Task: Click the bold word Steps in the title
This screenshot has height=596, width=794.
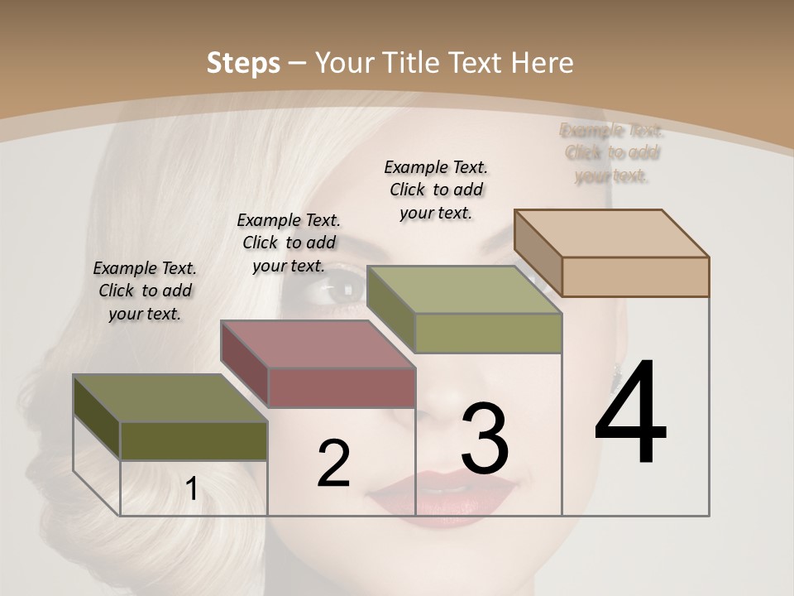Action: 243,63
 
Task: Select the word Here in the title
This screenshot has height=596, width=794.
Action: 543,63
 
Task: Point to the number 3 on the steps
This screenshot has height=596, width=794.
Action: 485,438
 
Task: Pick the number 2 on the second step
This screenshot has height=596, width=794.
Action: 333,464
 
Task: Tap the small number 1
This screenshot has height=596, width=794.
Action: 191,489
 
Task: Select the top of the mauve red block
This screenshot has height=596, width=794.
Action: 318,344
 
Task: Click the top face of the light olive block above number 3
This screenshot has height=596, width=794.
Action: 464,290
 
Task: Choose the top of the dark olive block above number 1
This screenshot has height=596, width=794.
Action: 170,398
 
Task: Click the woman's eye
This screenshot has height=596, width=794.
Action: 341,291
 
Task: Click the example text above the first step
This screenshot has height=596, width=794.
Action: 145,291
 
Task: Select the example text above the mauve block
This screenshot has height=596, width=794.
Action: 289,243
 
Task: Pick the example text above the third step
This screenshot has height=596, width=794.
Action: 436,190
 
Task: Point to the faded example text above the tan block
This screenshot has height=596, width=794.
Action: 612,152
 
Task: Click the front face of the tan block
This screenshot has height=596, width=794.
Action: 635,276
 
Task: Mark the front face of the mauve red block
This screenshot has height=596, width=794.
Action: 342,387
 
